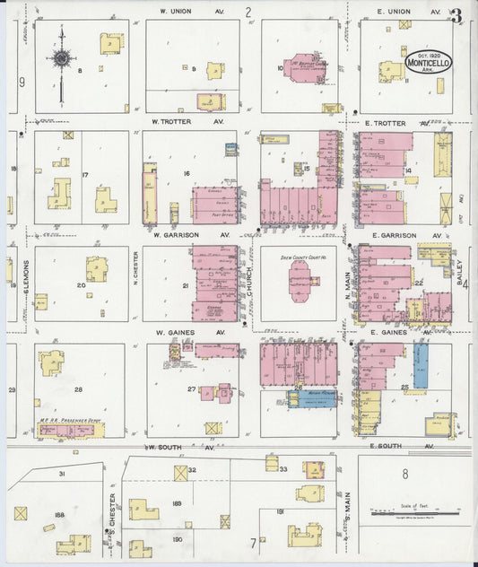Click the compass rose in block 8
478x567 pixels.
tap(61, 59)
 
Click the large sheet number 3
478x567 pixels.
tap(457, 15)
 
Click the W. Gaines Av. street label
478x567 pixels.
tap(176, 332)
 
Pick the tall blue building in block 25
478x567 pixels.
tap(421, 366)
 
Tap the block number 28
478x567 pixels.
tap(78, 388)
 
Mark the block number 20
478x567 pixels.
tap(81, 285)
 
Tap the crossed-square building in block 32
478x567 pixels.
tap(180, 473)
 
